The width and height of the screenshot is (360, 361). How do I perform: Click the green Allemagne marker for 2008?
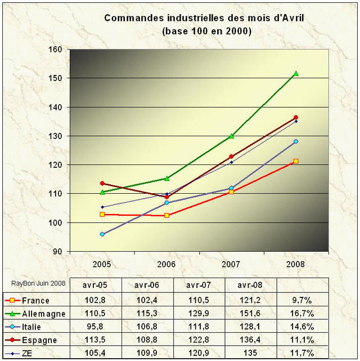pos(296,74)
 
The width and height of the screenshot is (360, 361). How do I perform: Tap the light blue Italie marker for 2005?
pos(102,234)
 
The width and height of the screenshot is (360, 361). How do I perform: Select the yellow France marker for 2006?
pos(166,215)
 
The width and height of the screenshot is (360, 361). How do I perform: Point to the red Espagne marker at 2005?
pos(102,183)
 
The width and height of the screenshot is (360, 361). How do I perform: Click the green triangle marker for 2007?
pos(231,136)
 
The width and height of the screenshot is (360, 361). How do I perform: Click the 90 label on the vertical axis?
pos(56,252)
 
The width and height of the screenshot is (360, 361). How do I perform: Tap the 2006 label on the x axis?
pos(166,264)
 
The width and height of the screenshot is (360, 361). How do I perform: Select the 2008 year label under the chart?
pos(296,264)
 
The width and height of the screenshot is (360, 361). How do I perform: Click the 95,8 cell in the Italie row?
pos(96,327)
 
